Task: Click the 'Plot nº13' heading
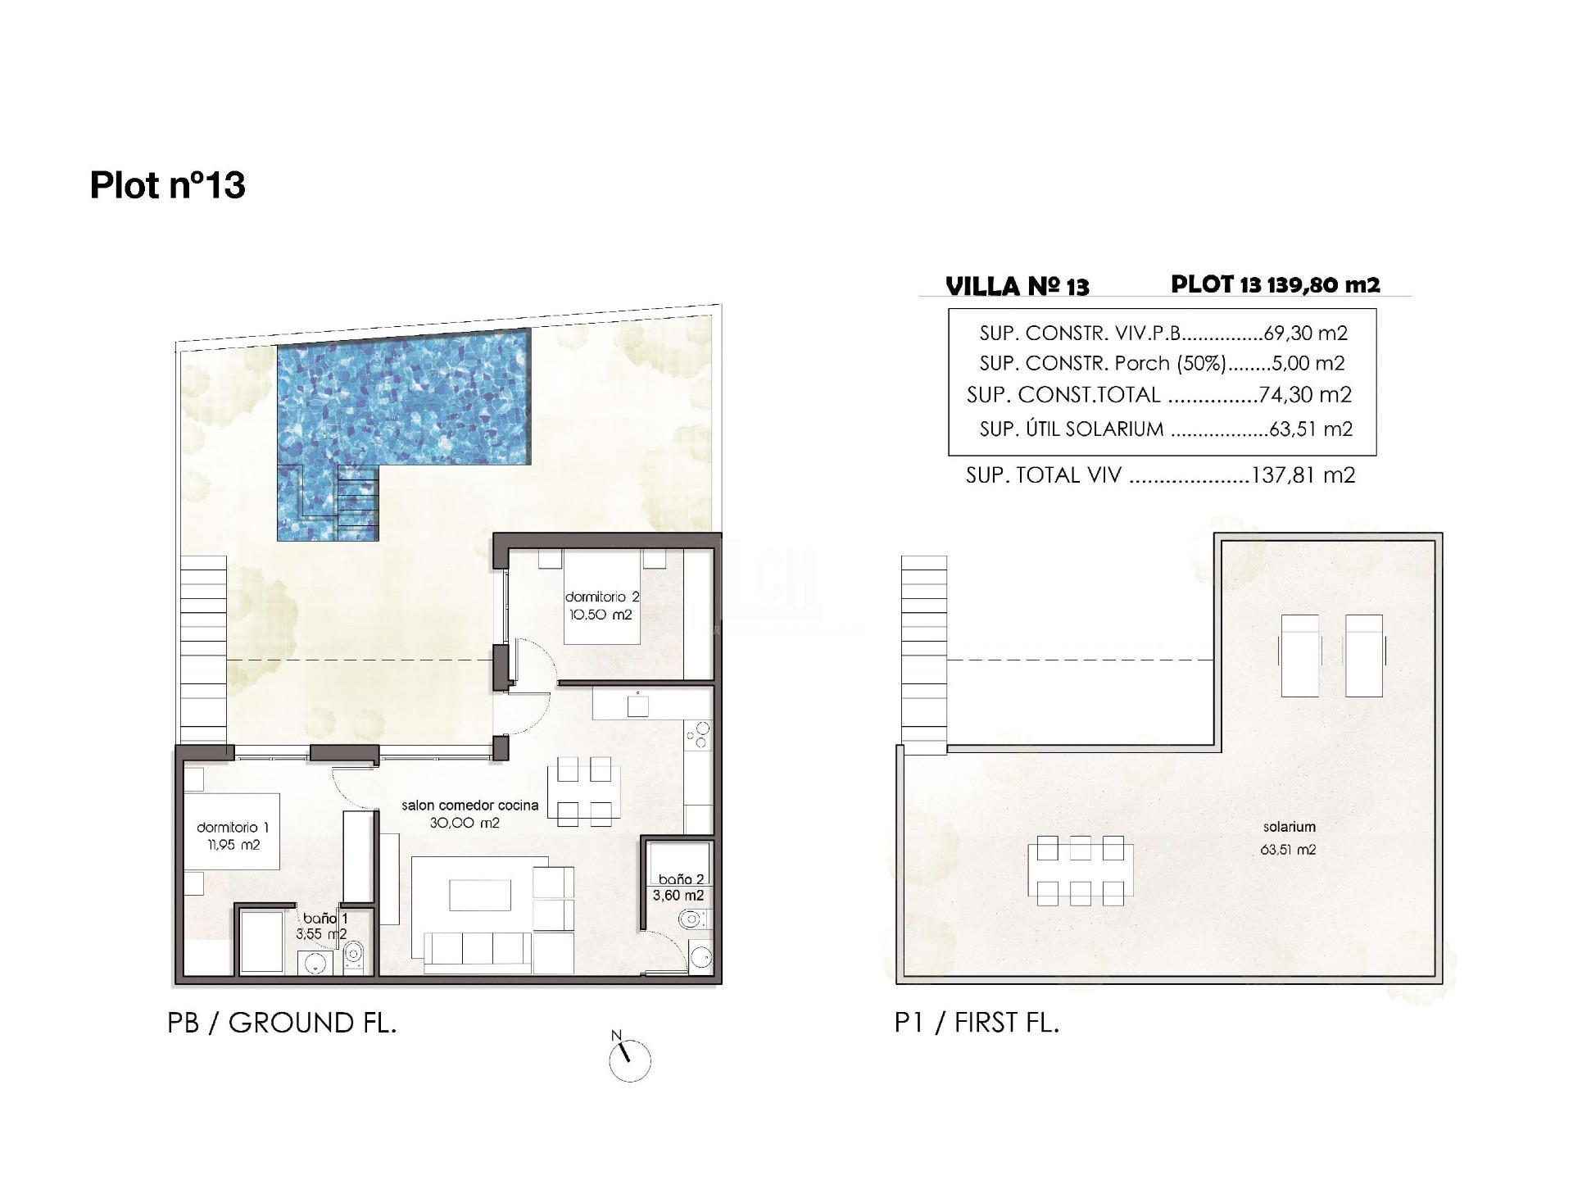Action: pyautogui.click(x=167, y=185)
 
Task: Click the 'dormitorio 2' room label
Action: pyautogui.click(x=601, y=597)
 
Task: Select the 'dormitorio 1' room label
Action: pyautogui.click(x=233, y=828)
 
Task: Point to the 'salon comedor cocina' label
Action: pyautogui.click(x=469, y=806)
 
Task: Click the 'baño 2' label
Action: pyautogui.click(x=681, y=880)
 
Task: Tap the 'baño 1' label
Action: pyautogui.click(x=324, y=919)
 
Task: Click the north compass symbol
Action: pyautogui.click(x=629, y=1061)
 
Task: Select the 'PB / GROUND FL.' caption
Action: pyautogui.click(x=282, y=1023)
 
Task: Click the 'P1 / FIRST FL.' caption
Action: pyautogui.click(x=977, y=1023)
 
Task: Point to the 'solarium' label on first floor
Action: pyautogui.click(x=1289, y=828)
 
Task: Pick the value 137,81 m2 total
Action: pyautogui.click(x=1303, y=475)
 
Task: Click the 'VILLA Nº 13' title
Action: pyautogui.click(x=1017, y=286)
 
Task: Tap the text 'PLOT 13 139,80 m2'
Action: pyautogui.click(x=1275, y=284)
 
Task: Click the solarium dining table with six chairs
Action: pyautogui.click(x=1081, y=870)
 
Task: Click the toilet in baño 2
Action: pyautogui.click(x=691, y=919)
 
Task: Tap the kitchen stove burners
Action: pyautogui.click(x=699, y=735)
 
